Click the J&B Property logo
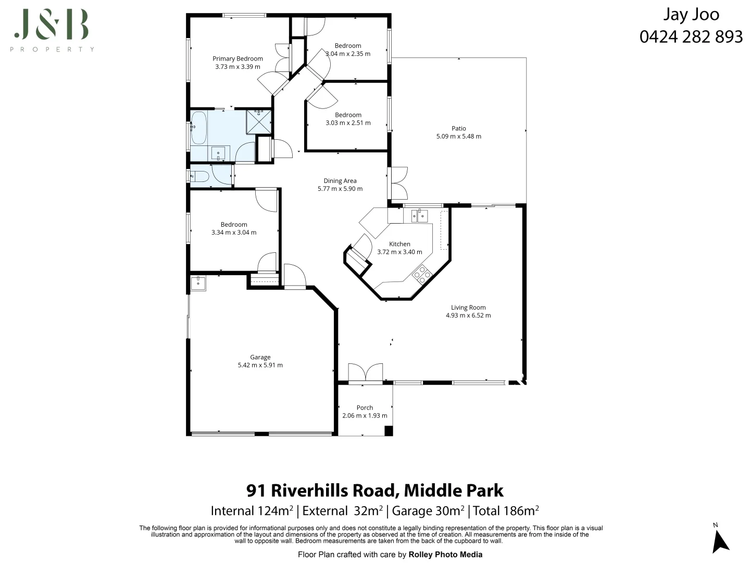pos(52,30)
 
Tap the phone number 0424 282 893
pos(691,36)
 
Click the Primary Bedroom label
pos(238,59)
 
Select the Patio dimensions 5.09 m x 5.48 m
pos(458,137)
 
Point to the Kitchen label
pos(399,244)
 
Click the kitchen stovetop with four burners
pos(421,274)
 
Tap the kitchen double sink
pos(419,215)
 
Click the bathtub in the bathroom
pos(198,127)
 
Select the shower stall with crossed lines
pos(259,121)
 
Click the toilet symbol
pos(199,176)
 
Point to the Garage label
pos(260,357)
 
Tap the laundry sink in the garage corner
pos(198,284)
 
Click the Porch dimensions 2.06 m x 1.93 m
pos(365,416)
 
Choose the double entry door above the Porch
pos(365,373)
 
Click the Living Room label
pos(468,308)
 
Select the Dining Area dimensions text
pos(340,189)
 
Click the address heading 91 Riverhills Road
pos(374,491)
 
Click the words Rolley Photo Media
pos(445,555)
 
